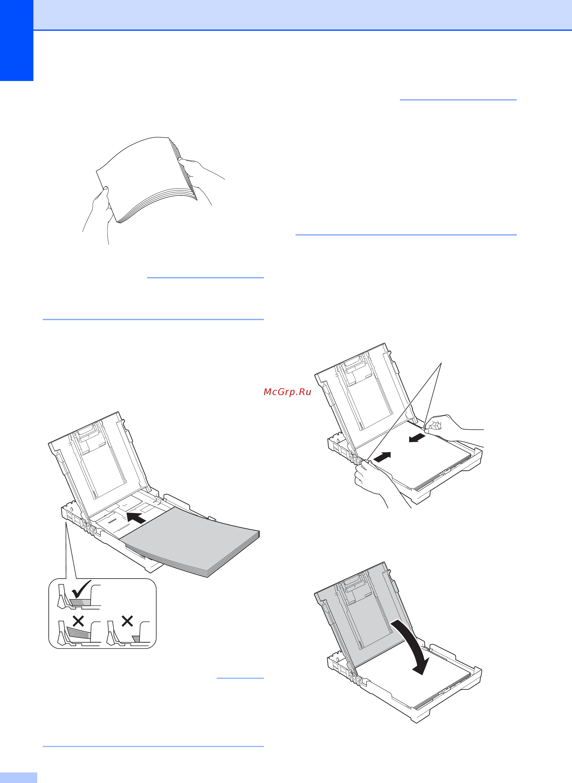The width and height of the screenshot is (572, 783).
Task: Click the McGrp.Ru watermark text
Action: (x=287, y=392)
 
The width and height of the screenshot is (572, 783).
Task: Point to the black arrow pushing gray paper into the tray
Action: (x=136, y=518)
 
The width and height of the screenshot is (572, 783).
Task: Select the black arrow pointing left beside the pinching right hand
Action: (x=417, y=438)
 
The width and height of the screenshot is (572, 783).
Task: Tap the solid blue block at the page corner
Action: (x=17, y=41)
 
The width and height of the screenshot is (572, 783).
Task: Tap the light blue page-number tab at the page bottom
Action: (x=18, y=777)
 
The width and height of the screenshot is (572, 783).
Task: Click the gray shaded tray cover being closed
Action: (x=364, y=616)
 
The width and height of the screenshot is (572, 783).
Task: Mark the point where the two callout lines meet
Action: (x=441, y=362)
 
